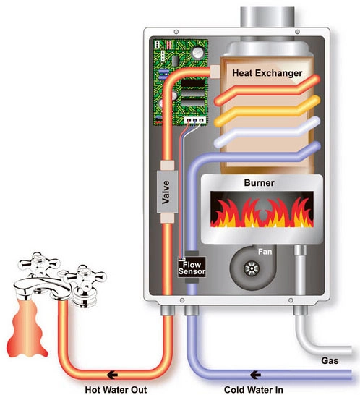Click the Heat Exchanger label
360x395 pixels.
267,73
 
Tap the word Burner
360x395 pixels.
259,183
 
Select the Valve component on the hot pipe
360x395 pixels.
167,192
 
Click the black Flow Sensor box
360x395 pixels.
192,268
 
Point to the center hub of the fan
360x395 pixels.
252,268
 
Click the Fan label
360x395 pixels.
265,252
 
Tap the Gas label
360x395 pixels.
330,361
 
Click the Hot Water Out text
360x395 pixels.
116,389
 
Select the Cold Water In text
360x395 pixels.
254,389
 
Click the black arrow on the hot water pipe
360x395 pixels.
112,375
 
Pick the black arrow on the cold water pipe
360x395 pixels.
255,375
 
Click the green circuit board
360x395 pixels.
181,82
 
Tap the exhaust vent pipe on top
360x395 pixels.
267,17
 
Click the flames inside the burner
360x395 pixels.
262,213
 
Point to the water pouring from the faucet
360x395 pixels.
27,328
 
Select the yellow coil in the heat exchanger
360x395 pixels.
267,111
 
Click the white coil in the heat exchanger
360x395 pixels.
267,132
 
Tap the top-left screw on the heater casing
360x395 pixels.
176,32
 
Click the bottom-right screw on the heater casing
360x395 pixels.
291,300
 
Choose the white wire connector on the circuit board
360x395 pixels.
195,120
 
